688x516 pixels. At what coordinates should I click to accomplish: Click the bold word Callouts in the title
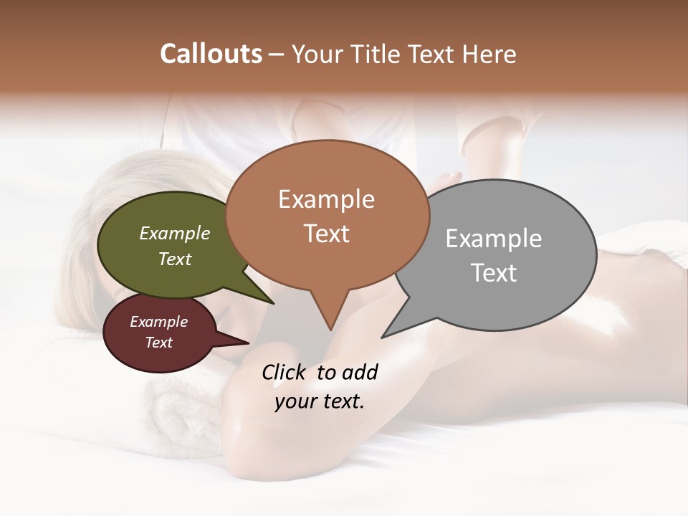(x=211, y=54)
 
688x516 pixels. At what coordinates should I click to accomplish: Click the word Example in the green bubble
(x=174, y=233)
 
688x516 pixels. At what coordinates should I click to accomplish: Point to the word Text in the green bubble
(x=174, y=259)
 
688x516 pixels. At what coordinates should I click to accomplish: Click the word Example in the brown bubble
(x=326, y=199)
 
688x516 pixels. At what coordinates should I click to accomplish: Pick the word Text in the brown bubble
(x=326, y=234)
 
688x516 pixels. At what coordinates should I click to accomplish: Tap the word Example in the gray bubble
(x=493, y=239)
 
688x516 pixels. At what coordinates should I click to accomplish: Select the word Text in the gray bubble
(x=493, y=273)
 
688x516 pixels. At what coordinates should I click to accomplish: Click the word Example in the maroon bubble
(x=158, y=322)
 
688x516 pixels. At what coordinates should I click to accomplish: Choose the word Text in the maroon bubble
(x=158, y=343)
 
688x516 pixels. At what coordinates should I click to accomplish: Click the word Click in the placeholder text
(x=284, y=372)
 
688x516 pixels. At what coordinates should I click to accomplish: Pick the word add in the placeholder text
(x=359, y=372)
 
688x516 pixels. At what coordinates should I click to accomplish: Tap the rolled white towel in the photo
(x=179, y=416)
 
